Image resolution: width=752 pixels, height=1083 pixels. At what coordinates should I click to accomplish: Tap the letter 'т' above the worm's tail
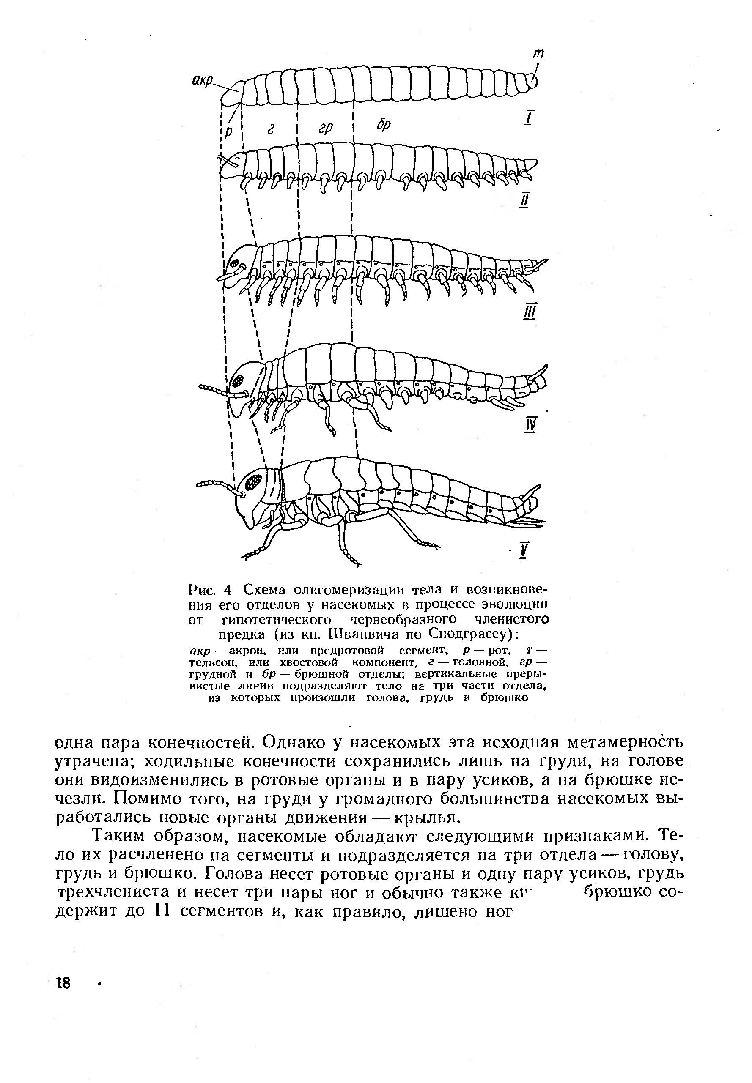tap(538, 54)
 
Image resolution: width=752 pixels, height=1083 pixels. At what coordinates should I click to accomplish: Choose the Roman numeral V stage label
tap(524, 550)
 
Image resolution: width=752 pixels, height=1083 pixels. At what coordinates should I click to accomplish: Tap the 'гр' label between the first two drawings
tap(325, 128)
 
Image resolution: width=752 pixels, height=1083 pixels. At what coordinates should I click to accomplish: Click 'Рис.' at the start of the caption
tap(202, 590)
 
